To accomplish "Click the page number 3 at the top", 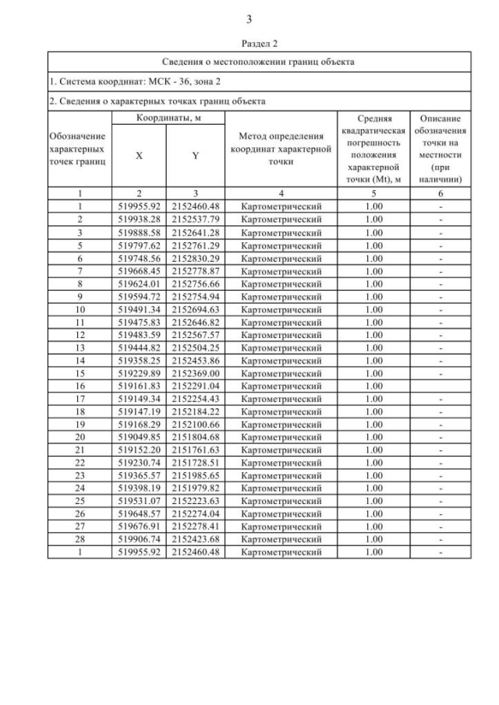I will coord(249,19).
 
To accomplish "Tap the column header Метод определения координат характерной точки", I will coord(281,149).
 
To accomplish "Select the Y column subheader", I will coord(196,155).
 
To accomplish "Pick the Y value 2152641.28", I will coord(196,232).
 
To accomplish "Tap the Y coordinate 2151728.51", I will coord(196,463).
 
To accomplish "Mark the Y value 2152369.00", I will coord(196,372).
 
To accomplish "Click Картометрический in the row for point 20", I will coord(281,437).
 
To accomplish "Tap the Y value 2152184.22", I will coord(196,411).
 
